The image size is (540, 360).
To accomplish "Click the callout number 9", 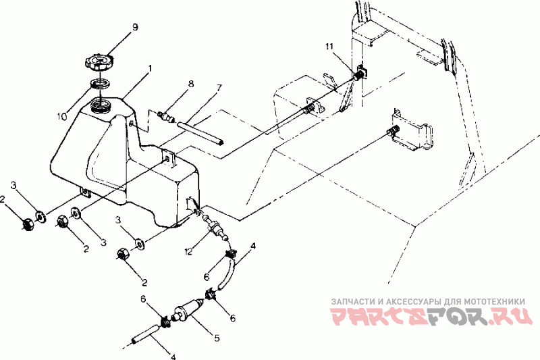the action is coord(135,27).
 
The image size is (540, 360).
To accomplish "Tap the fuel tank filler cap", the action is coord(99,62).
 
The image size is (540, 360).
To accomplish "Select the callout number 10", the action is coord(62,116).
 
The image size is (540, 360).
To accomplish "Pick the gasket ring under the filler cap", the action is coord(100,84).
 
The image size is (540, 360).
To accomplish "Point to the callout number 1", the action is coord(149,68).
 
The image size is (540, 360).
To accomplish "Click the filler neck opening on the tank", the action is coord(101,105).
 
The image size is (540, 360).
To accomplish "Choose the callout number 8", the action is coord(190,84).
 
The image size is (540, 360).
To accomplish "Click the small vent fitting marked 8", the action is coord(166,116).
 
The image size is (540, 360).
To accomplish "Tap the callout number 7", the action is coord(218,88).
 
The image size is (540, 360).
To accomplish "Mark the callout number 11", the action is coord(329,47).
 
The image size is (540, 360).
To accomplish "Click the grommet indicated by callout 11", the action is coord(361,73).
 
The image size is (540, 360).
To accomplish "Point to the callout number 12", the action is coord(188,252).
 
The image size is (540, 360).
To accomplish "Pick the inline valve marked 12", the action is coord(215,228).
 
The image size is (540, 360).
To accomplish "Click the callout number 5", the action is coord(217,338).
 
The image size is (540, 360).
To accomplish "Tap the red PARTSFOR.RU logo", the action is coord(431,316).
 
